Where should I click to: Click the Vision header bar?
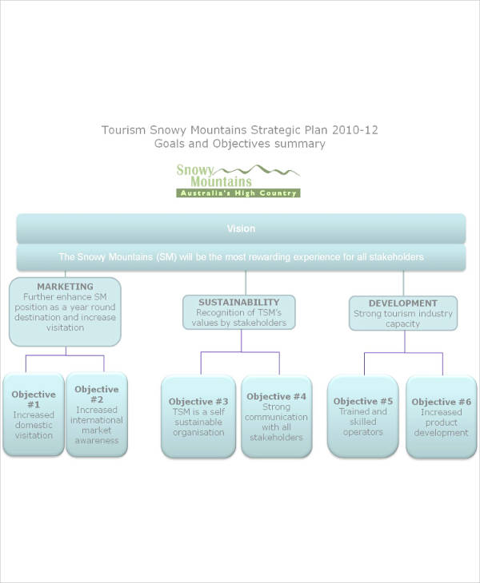point(241,228)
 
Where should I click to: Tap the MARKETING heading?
point(65,286)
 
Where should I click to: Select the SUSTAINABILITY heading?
point(238,303)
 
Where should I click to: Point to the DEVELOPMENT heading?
point(402,303)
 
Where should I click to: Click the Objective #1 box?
point(34,414)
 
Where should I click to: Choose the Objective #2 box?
point(97,414)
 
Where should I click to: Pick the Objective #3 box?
point(199,416)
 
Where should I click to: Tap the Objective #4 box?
point(277,416)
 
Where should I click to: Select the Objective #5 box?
point(363,416)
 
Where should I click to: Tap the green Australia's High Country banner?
point(238,193)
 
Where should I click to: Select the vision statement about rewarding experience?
point(241,257)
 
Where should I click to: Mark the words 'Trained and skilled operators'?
point(363,422)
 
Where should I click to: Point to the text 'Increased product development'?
point(442,422)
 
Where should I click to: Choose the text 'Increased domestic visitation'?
point(34,425)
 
